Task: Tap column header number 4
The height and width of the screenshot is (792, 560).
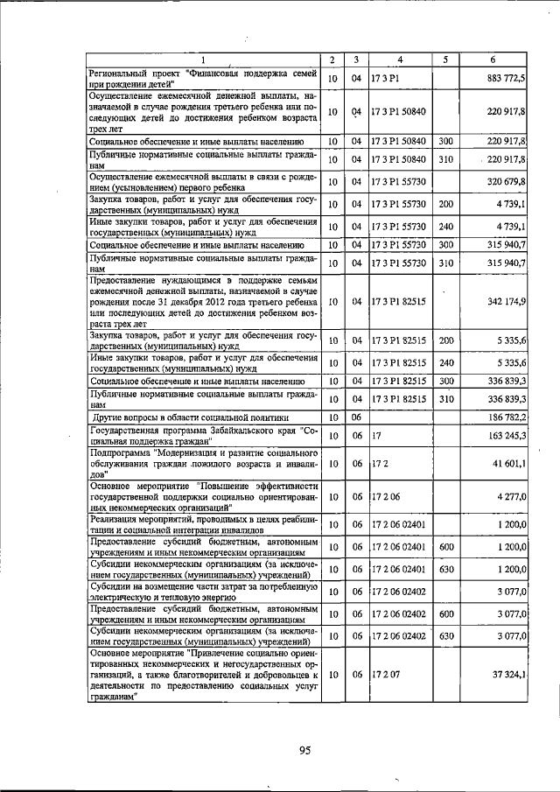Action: [x=399, y=60]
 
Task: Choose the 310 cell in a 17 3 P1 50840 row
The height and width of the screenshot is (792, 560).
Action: [x=445, y=159]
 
